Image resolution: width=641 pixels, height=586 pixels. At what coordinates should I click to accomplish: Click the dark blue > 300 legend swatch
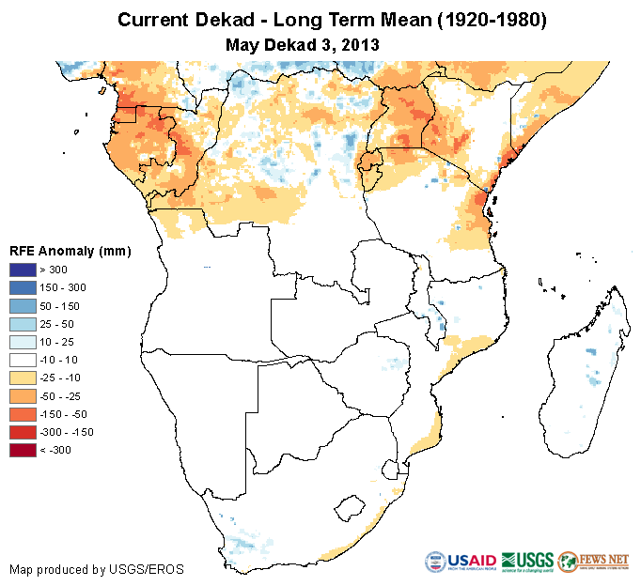(22, 270)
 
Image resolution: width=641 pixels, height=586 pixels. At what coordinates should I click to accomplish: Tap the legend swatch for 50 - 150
(22, 306)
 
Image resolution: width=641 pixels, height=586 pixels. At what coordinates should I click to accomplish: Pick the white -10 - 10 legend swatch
(22, 360)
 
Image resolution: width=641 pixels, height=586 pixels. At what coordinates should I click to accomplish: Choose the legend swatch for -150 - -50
(22, 414)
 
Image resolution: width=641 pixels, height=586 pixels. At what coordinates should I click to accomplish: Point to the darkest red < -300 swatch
(22, 450)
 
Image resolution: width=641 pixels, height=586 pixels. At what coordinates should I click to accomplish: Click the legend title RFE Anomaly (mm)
(70, 251)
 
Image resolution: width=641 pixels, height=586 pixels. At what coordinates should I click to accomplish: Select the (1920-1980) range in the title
(488, 20)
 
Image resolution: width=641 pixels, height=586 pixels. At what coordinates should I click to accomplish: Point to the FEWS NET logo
(593, 561)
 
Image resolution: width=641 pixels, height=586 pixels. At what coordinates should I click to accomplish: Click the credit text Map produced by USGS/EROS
(97, 569)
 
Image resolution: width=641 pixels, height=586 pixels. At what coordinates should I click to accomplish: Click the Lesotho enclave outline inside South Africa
(351, 508)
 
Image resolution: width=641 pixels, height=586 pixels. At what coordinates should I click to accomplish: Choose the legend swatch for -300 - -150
(22, 432)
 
